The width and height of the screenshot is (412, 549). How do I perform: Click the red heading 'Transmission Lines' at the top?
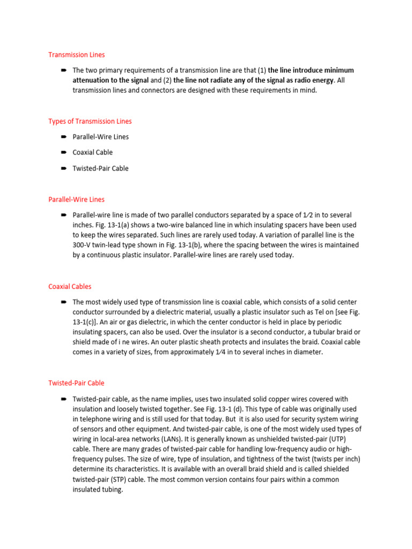[x=76, y=55]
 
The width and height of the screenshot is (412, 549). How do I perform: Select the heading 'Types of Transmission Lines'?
[x=90, y=121]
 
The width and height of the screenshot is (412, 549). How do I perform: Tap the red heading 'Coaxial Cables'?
[x=70, y=287]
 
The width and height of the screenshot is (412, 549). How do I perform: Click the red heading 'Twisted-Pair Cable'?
[x=76, y=383]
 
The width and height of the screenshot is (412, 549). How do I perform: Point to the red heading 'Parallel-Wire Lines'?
[x=76, y=199]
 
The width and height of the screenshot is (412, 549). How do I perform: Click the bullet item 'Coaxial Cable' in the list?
[x=92, y=152]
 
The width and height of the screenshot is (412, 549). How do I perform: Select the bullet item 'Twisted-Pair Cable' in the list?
[x=100, y=168]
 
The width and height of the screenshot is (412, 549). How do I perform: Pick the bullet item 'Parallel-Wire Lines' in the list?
[x=100, y=137]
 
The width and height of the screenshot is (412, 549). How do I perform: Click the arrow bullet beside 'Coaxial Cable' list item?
[x=63, y=152]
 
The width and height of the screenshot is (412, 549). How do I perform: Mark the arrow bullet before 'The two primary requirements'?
[x=63, y=70]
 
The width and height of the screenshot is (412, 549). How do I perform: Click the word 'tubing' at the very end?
[x=111, y=489]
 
